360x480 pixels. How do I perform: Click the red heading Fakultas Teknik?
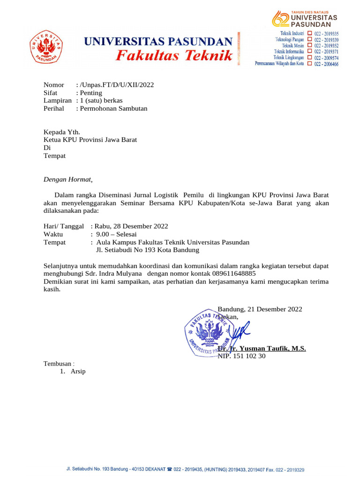pos(174,56)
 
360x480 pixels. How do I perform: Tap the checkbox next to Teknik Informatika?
pos(309,52)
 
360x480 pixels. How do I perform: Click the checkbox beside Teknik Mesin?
pos(309,46)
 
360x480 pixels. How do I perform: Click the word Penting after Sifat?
pos(91,93)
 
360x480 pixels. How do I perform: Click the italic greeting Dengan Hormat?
pos(67,179)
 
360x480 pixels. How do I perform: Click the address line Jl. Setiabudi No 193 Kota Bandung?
pos(148,250)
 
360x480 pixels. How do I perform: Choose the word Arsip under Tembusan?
pos(78,372)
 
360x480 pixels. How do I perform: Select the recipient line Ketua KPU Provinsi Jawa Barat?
pos(90,140)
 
